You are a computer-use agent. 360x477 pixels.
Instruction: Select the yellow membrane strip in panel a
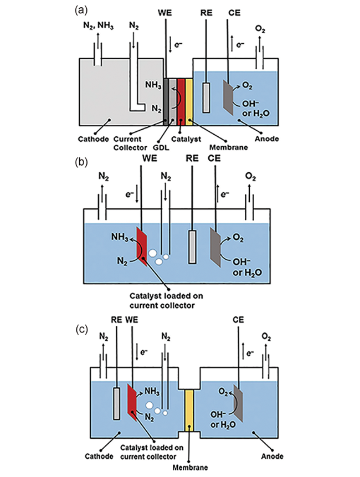[x=188, y=101]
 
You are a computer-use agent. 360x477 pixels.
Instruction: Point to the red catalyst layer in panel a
[x=181, y=101]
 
